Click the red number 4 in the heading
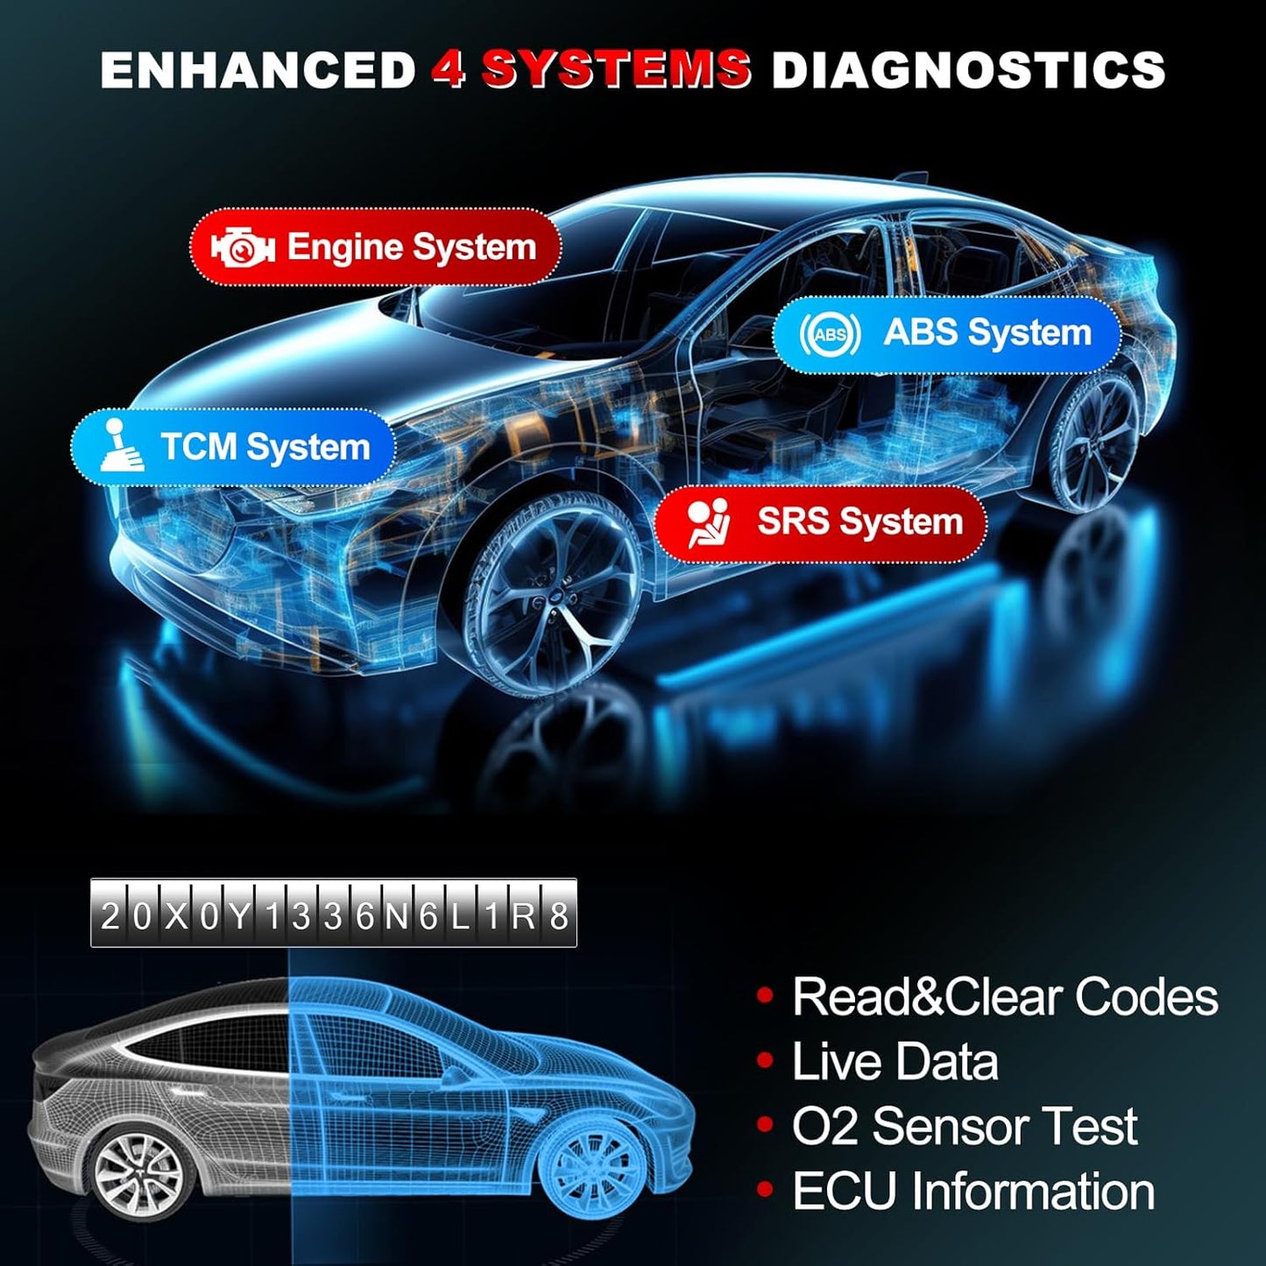(x=448, y=69)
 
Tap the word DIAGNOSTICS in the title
(x=968, y=69)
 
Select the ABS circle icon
(x=829, y=334)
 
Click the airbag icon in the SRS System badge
(x=708, y=523)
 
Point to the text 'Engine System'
(x=412, y=248)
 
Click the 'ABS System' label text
(x=987, y=333)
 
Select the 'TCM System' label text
(x=265, y=447)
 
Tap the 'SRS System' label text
(x=859, y=522)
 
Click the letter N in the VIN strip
(x=396, y=916)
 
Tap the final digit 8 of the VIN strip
(x=558, y=916)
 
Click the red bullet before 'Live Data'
(x=765, y=1061)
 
